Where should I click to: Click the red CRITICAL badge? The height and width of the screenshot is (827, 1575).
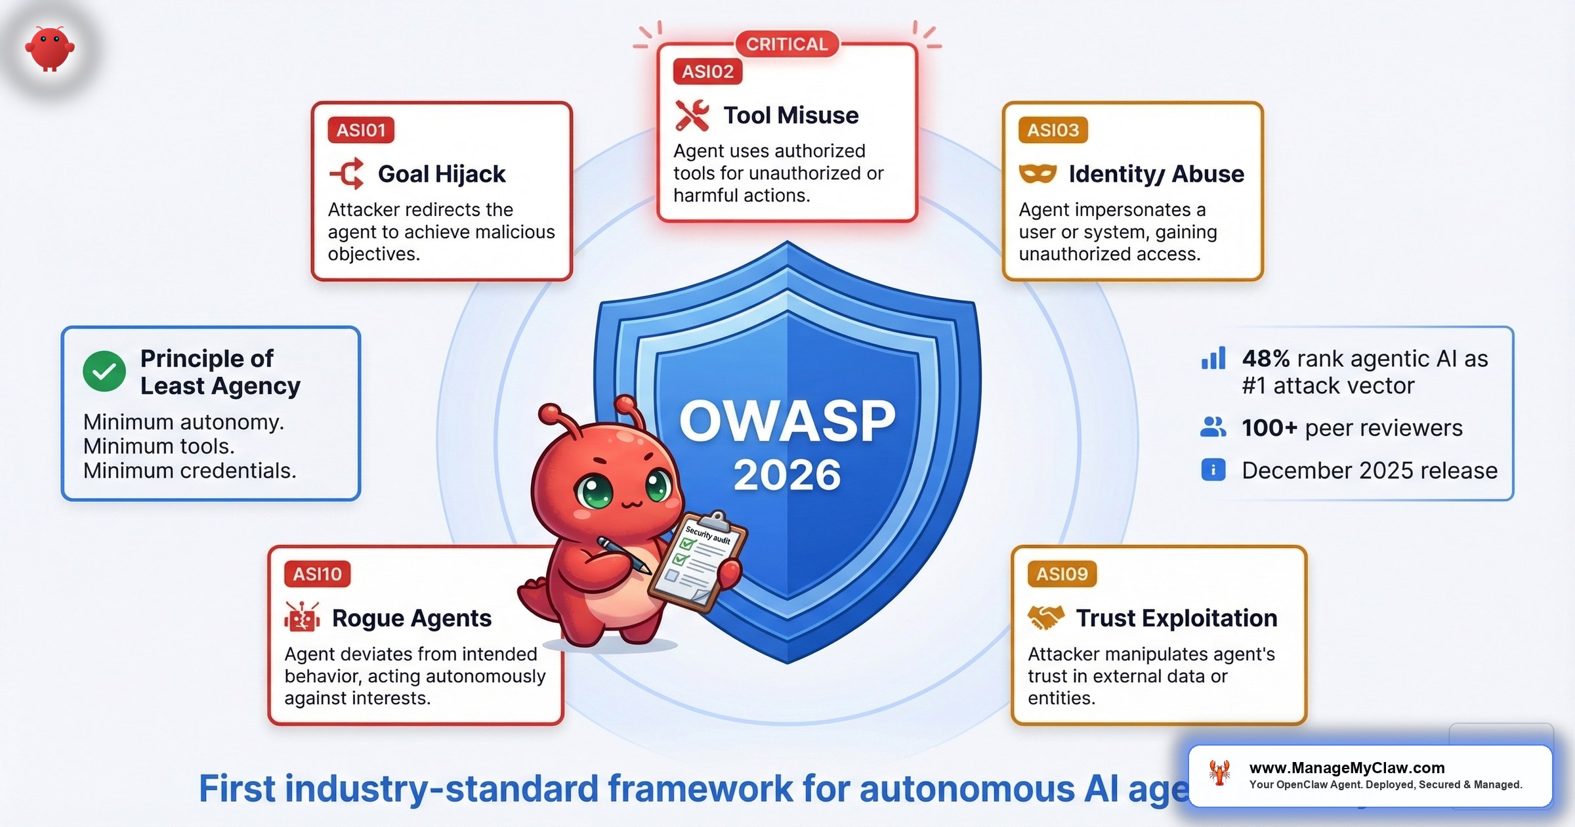pyautogui.click(x=787, y=44)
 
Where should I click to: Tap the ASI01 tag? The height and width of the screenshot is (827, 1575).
pyautogui.click(x=361, y=130)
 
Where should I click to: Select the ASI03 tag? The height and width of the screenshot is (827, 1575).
pyautogui.click(x=1053, y=130)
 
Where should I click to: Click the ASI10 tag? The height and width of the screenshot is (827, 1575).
pyautogui.click(x=317, y=574)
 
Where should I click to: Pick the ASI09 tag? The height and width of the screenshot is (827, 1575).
pyautogui.click(x=1061, y=574)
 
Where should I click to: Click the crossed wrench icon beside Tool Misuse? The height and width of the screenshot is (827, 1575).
pyautogui.click(x=692, y=116)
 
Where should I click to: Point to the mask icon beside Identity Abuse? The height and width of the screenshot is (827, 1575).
pyautogui.click(x=1038, y=174)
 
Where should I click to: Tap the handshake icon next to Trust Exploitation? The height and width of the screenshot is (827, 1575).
pyautogui.click(x=1045, y=618)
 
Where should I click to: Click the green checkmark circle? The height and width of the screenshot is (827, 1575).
pyautogui.click(x=104, y=371)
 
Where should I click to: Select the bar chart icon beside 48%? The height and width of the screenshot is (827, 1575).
pyautogui.click(x=1213, y=358)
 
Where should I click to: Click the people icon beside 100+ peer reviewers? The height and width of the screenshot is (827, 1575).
pyautogui.click(x=1213, y=427)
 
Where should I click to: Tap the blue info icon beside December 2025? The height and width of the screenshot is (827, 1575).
pyautogui.click(x=1213, y=470)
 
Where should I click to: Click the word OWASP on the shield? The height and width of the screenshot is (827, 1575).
pyautogui.click(x=787, y=421)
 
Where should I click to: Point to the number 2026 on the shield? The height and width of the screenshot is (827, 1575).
pyautogui.click(x=787, y=475)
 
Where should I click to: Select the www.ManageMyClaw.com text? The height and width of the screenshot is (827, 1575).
pyautogui.click(x=1347, y=768)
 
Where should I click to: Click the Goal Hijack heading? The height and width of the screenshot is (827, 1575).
pyautogui.click(x=442, y=174)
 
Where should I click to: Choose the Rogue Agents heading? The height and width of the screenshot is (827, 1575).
pyautogui.click(x=411, y=618)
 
